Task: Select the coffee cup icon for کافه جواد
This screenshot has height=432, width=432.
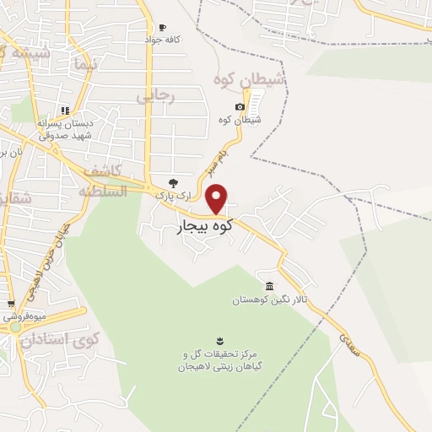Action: [163, 28]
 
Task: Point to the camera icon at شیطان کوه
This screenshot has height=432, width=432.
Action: [240, 106]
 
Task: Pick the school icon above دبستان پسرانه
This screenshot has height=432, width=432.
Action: [65, 111]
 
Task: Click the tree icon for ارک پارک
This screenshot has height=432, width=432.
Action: [174, 181]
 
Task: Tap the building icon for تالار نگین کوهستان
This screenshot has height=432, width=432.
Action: [269, 285]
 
